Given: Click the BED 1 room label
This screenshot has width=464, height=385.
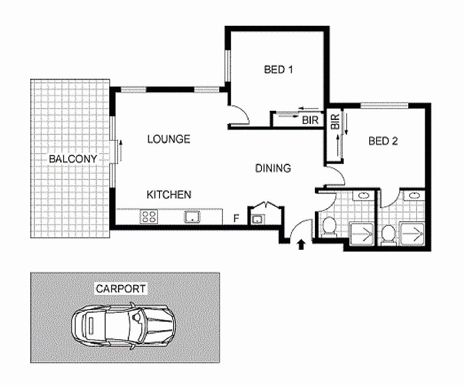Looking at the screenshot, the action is click(x=278, y=70).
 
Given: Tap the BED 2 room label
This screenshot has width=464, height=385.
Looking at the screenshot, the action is click(x=383, y=141).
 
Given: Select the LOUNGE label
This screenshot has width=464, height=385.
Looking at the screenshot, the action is click(x=169, y=139).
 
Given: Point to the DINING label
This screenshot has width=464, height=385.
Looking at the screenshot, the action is click(x=273, y=168).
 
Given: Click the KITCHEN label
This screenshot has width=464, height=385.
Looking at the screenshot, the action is click(x=169, y=195).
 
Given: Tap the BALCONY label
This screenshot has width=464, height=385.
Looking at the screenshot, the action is click(x=73, y=159).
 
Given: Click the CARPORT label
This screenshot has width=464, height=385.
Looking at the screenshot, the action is click(x=121, y=289).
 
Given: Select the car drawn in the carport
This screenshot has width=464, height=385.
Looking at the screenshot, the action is click(x=123, y=326).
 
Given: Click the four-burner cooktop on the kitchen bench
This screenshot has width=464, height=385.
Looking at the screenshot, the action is click(x=149, y=216).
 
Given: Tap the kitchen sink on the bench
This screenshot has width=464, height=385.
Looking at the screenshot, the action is click(x=192, y=216).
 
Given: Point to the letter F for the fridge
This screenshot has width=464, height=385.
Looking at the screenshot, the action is click(x=236, y=219).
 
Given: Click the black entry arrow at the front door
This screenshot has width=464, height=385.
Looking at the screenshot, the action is click(x=301, y=244).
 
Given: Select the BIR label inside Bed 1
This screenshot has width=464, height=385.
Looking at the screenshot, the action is click(x=310, y=120).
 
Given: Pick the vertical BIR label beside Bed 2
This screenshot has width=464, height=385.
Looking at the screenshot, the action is click(x=335, y=122).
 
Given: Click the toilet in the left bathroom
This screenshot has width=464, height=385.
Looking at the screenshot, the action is click(x=329, y=226).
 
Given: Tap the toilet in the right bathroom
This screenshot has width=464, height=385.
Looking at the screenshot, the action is click(x=388, y=235).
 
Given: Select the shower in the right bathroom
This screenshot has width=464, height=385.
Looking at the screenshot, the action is click(x=412, y=234).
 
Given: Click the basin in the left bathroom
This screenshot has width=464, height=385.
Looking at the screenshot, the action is click(x=364, y=195).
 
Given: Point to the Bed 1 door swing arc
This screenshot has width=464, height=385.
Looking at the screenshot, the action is click(x=243, y=113).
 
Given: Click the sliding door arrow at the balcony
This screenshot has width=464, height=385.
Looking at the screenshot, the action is click(x=121, y=151).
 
